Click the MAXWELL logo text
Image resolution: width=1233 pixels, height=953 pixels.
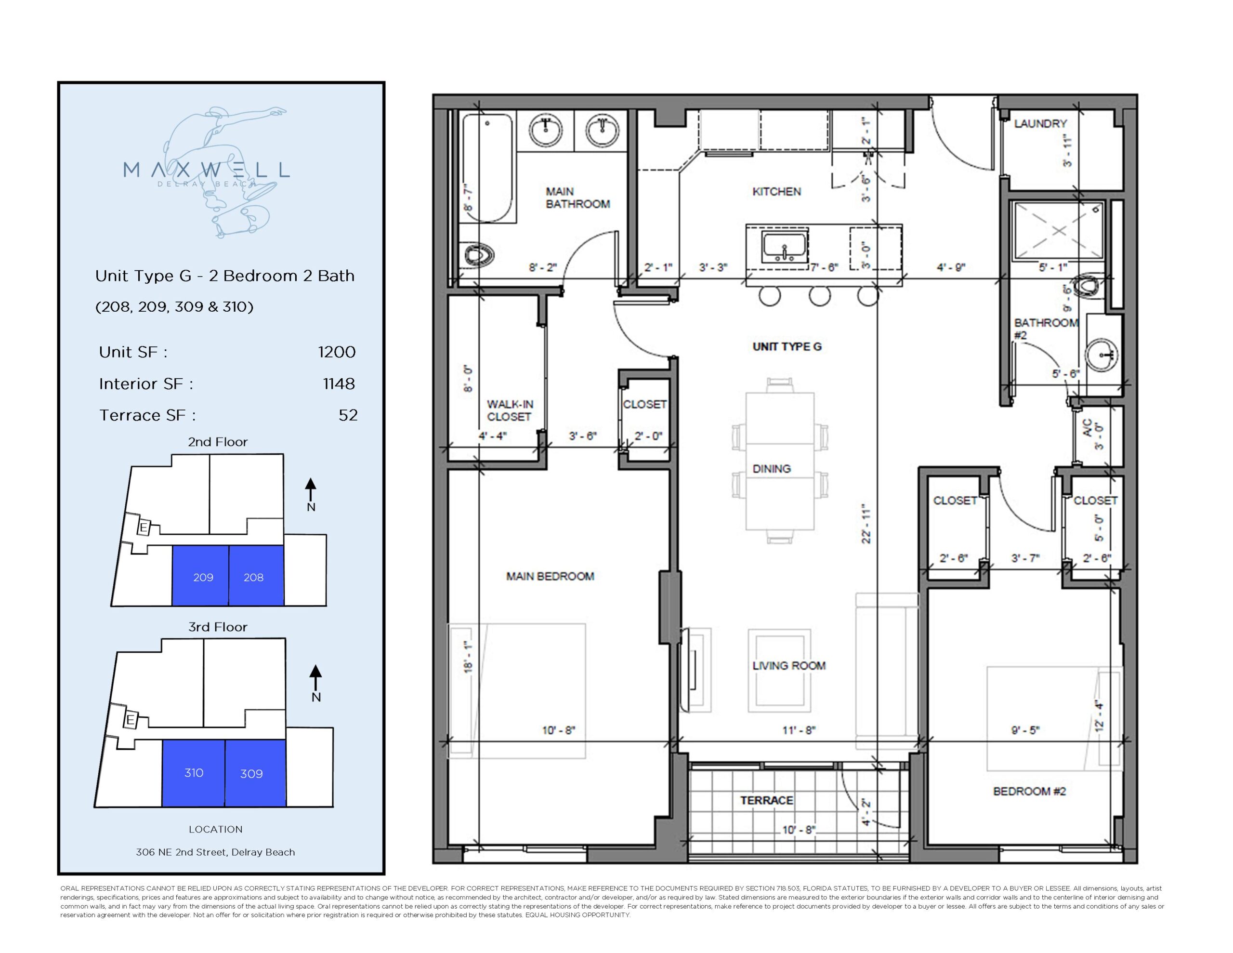206,170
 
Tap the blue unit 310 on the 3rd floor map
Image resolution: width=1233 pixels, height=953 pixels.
194,772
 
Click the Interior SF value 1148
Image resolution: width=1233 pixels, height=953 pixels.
339,384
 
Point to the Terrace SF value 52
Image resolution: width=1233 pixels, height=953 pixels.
348,415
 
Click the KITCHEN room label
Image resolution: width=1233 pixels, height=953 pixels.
776,191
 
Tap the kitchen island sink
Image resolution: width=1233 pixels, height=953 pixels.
785,246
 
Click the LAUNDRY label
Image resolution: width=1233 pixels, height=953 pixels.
1040,123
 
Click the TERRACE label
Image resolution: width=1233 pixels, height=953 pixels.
766,800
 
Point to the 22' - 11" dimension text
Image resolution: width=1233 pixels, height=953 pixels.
866,524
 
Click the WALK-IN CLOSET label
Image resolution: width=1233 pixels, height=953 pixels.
509,410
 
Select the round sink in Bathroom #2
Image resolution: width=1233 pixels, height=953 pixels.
1102,355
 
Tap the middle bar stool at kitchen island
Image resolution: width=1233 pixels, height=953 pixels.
819,295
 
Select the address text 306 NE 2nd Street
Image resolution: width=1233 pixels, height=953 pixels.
215,852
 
